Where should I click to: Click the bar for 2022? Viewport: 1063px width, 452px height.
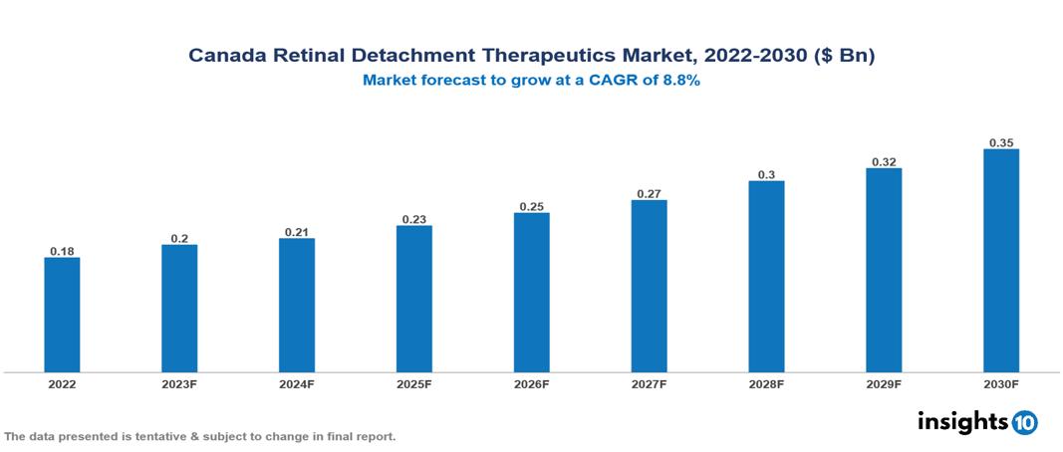click(62, 315)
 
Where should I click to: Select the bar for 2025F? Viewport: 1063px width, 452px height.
click(414, 299)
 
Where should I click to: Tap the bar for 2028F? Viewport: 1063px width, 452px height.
click(766, 277)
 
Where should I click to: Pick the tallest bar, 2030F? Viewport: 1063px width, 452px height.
click(1001, 261)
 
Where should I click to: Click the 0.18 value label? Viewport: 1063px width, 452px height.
click(62, 251)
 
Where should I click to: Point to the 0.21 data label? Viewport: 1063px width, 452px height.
click(297, 232)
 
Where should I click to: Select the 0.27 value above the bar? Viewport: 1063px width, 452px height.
click(649, 194)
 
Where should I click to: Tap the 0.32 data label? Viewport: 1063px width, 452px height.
click(884, 161)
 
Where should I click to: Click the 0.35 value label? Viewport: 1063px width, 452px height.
click(1001, 142)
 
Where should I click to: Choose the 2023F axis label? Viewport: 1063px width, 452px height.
click(179, 383)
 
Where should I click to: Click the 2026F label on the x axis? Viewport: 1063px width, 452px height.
click(531, 383)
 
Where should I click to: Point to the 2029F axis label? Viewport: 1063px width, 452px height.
click(884, 383)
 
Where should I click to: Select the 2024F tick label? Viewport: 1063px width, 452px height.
click(297, 383)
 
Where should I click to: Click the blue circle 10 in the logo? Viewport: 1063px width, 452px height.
click(1024, 422)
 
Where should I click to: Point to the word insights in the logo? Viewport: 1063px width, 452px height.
click(962, 421)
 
